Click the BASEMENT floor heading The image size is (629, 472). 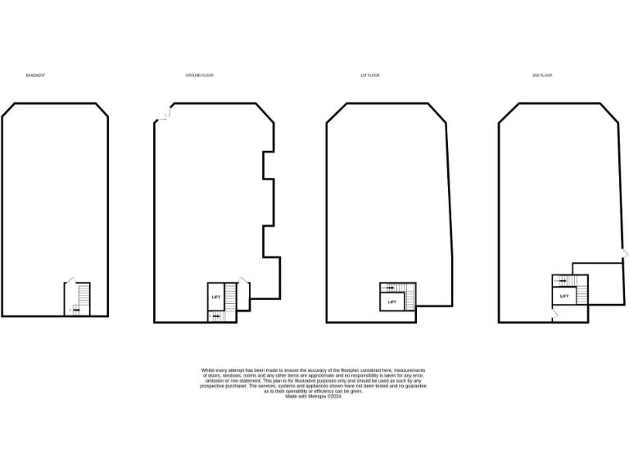point(35,75)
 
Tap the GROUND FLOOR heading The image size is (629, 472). point(199,75)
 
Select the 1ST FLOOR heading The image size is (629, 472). point(370,75)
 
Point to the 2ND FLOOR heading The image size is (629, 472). point(542,75)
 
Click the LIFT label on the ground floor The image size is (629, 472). point(216,297)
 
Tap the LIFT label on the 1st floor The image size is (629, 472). point(392,302)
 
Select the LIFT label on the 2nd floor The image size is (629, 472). point(564,296)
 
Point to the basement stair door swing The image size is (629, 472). point(71,279)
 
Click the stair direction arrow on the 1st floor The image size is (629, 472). point(391,287)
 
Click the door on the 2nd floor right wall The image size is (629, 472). point(626,255)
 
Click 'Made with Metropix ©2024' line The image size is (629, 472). point(314,396)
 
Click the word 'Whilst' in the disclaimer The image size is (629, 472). point(208,370)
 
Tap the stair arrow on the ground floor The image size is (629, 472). point(215,315)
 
